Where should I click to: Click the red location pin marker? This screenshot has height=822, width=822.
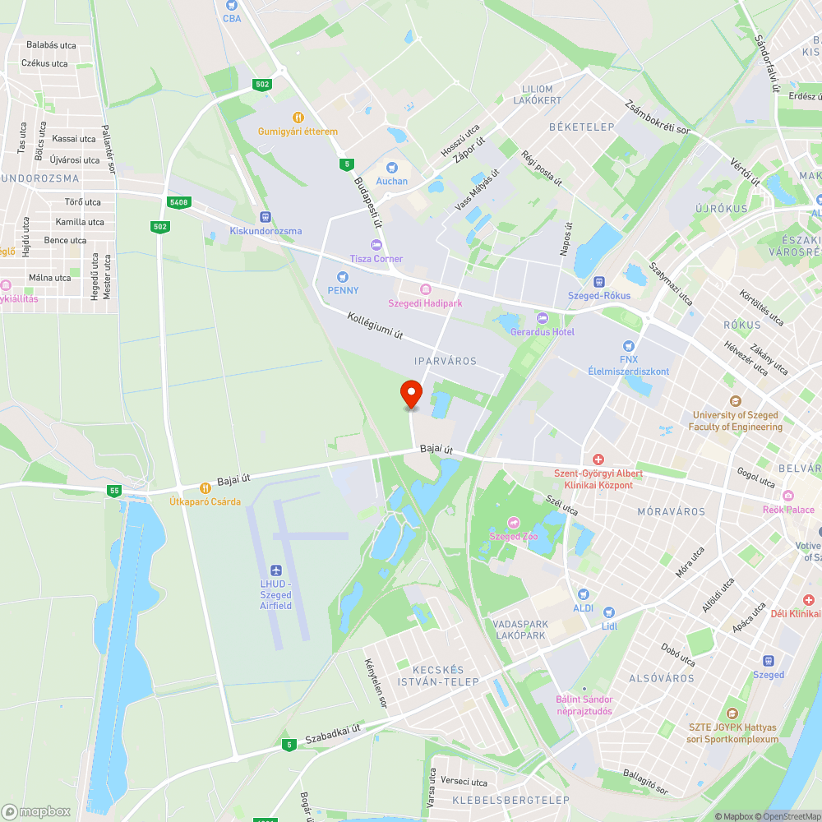(410, 394)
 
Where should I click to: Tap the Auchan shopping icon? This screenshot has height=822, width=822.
(392, 168)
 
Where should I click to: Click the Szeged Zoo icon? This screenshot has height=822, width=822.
(514, 523)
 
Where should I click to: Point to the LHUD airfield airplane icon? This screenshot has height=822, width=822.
(275, 570)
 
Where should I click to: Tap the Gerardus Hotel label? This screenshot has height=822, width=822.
(542, 332)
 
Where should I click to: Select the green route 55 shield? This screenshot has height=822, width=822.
(114, 491)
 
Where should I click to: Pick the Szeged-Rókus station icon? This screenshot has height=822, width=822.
(599, 282)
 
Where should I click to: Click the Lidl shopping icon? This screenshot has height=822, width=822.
(608, 612)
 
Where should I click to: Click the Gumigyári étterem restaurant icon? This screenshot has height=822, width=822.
(298, 118)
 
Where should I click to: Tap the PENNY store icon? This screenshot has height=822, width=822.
(343, 277)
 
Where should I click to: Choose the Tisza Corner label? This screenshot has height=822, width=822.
(376, 259)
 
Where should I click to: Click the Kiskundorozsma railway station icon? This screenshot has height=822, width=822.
(265, 217)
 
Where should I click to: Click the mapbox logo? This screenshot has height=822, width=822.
(37, 811)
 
